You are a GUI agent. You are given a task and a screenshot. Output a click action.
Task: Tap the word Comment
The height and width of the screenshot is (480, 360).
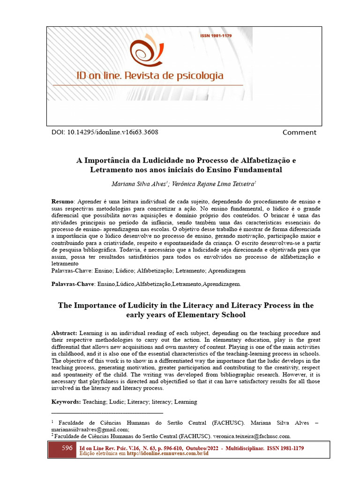tap(299, 133)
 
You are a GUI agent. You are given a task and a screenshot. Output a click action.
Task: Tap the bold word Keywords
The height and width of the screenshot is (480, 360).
tap(66, 402)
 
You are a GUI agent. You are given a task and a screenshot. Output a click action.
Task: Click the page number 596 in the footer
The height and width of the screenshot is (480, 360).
tap(67, 448)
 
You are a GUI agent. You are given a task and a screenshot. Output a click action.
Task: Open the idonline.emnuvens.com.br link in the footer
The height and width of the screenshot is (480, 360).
tap(173, 454)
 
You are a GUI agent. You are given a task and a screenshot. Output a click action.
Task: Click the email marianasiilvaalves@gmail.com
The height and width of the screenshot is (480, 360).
tap(90, 429)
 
